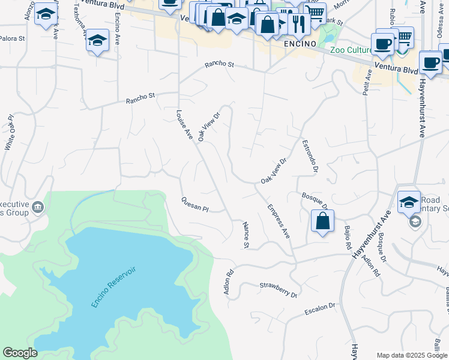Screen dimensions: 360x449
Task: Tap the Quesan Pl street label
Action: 194,205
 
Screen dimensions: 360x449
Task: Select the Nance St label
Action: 246,235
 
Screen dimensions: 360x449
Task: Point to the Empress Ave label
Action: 279,221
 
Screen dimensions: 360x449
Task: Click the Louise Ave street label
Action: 184,125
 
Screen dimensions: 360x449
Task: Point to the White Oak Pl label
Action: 10,132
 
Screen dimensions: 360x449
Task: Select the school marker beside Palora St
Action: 97,40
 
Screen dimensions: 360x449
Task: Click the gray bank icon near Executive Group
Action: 38,208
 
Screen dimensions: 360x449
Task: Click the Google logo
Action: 20,353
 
